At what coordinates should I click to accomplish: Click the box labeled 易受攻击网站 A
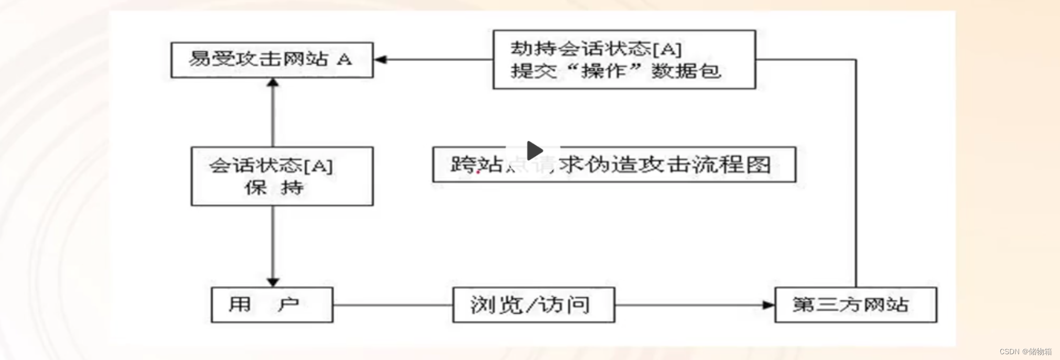(x=272, y=60)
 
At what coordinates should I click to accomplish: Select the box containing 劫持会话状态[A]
(x=624, y=59)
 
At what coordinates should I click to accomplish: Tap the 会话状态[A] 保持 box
(x=282, y=176)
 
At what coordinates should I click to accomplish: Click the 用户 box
(x=272, y=304)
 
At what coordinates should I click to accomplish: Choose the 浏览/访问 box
(x=533, y=304)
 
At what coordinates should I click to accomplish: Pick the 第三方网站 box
(x=856, y=304)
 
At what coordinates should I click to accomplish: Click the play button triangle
(x=534, y=150)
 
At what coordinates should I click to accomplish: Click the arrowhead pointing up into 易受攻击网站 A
(x=273, y=83)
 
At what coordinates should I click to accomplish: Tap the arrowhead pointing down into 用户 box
(x=273, y=282)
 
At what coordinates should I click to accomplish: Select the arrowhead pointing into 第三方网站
(x=769, y=304)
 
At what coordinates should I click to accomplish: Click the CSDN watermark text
(x=1025, y=352)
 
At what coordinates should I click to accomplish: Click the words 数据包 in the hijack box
(x=686, y=71)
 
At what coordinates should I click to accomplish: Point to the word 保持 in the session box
(x=274, y=187)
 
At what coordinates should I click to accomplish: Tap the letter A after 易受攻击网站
(x=344, y=59)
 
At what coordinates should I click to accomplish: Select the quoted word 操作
(x=604, y=71)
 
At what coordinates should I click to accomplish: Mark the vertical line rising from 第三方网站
(x=856, y=173)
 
